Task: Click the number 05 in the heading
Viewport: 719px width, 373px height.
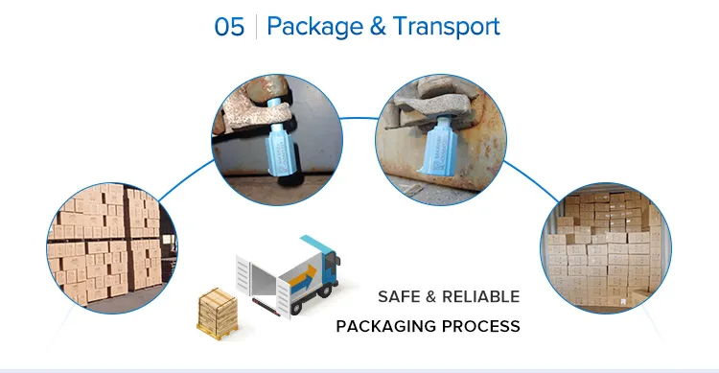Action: pos(229,26)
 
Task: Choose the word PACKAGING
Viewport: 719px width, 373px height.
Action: pos(383,326)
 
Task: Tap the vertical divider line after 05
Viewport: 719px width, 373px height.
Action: pos(256,26)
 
